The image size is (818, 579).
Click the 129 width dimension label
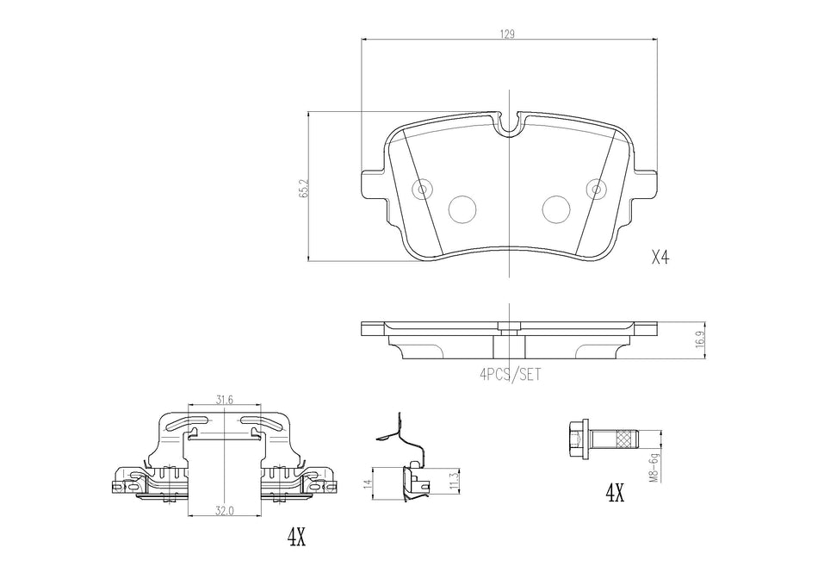(508, 34)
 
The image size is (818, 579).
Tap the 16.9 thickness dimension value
(700, 339)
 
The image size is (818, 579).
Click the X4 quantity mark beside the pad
(660, 258)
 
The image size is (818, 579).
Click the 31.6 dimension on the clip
(224, 399)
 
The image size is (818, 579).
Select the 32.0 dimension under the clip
(224, 510)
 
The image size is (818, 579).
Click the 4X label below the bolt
(614, 493)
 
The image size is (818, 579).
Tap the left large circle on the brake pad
(463, 207)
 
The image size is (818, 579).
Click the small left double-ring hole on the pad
(422, 190)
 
